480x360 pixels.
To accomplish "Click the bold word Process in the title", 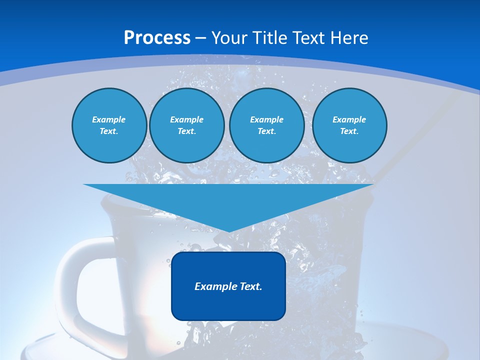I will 157,38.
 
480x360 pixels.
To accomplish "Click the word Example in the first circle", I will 109,119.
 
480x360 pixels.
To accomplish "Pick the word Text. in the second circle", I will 186,131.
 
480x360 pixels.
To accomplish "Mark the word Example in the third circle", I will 266,119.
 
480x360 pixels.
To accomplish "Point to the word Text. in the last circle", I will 349,131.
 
